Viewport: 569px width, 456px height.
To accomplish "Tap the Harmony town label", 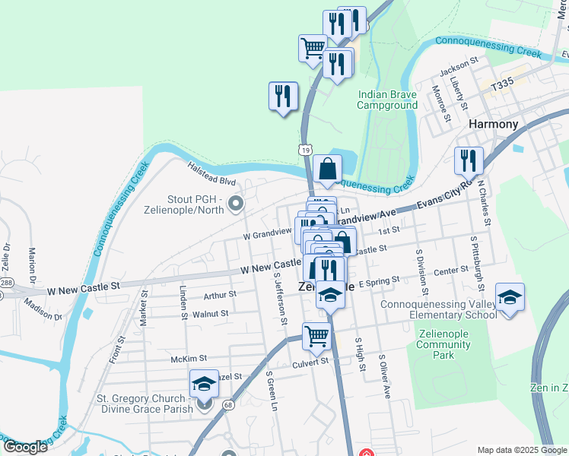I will coord(494,124).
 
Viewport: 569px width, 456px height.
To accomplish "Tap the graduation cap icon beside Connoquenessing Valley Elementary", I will coord(510,296).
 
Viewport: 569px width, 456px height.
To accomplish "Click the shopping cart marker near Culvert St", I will coord(316,335).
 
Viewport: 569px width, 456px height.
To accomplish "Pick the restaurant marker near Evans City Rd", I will coord(468,160).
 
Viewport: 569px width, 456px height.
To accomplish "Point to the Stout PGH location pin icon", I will coord(235,204).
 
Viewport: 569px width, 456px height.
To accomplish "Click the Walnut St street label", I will coord(211,313).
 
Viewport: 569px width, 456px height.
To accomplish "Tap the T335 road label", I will coord(502,87).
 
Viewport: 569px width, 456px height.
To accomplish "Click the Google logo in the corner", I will coord(25,446).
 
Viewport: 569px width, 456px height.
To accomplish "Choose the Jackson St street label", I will coord(459,59).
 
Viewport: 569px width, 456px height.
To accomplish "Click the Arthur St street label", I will coord(220,295).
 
